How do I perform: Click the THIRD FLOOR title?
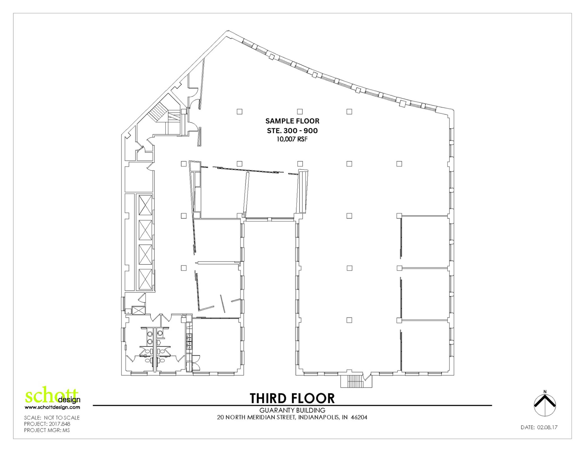[x=292, y=398]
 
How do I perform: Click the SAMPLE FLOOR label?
[x=292, y=121]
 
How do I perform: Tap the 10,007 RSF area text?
[x=292, y=139]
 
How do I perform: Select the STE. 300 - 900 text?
[x=292, y=131]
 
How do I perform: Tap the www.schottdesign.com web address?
[x=52, y=407]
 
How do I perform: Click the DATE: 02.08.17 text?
[x=539, y=427]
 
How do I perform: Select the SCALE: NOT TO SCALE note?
[x=52, y=418]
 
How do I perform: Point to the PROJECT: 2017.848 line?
[x=47, y=424]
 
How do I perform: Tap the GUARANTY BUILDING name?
[x=292, y=410]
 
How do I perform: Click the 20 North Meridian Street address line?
[x=292, y=417]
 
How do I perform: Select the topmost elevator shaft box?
[x=146, y=205]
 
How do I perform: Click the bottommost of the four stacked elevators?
[x=146, y=279]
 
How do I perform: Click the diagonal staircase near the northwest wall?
[x=158, y=113]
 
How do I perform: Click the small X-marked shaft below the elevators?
[x=139, y=310]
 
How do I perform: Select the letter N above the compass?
[x=545, y=392]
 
